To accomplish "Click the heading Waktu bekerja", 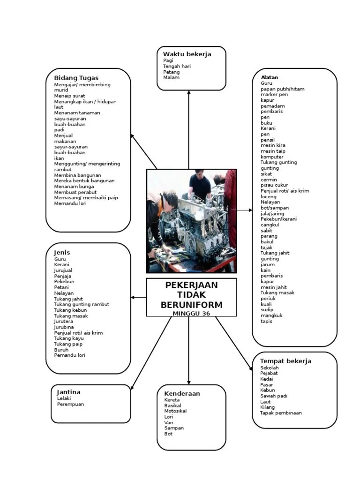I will tap(187, 54).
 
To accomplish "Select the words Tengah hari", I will tap(177, 67).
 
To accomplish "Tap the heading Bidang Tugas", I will tap(76, 78).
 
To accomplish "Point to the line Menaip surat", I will tap(69, 96).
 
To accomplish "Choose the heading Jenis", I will tap(62, 253).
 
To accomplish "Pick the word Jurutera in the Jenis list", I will tap(63, 322).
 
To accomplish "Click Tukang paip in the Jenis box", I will tap(68, 344).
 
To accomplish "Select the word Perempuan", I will tap(70, 405).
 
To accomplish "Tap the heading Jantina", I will tap(68, 392).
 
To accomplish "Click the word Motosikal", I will tap(175, 411).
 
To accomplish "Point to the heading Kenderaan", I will tap(182, 394).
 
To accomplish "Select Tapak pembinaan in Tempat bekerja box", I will tap(281, 413).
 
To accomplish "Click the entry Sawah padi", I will tap(274, 396).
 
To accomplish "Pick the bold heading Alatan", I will tap(269, 77).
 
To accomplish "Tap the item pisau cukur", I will tap(275, 185).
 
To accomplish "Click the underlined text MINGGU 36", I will tap(191, 314).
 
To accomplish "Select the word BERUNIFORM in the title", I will tap(191, 305).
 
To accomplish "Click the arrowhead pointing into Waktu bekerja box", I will tap(189, 93).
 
